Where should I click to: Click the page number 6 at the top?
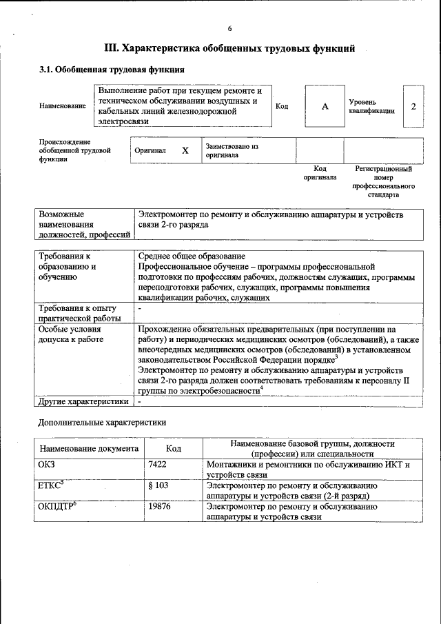(230, 28)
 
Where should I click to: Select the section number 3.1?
(45, 70)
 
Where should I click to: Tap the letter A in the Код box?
(324, 106)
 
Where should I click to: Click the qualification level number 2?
(413, 106)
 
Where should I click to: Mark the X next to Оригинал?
(185, 150)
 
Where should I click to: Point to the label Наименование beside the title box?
(63, 106)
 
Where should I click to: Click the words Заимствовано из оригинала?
(231, 150)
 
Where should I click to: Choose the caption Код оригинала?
(320, 173)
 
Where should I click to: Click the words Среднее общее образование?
(192, 256)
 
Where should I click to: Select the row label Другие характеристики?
(83, 401)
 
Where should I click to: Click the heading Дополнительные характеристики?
(101, 421)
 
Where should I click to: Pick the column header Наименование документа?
(89, 448)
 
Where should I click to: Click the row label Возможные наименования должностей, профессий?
(84, 225)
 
